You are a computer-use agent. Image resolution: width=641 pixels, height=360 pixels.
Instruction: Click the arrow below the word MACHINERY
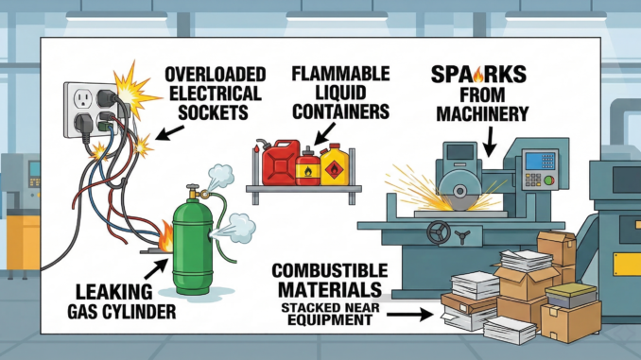pos(489,142)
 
